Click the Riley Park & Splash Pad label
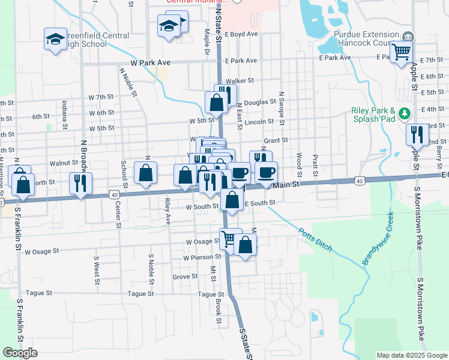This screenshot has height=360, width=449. [373, 114]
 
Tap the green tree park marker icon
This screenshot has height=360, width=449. [405, 113]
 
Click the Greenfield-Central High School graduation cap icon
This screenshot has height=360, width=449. [55, 40]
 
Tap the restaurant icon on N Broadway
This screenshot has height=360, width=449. [80, 182]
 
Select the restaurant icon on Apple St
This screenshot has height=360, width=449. [415, 134]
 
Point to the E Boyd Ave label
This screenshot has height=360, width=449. [241, 34]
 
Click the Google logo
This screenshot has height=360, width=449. [20, 353]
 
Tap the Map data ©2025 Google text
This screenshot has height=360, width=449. [411, 355]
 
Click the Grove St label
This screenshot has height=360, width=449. [185, 277]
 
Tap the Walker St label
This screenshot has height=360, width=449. [240, 80]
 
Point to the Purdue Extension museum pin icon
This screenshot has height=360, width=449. [408, 35]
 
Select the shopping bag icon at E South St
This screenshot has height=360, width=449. [232, 200]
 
